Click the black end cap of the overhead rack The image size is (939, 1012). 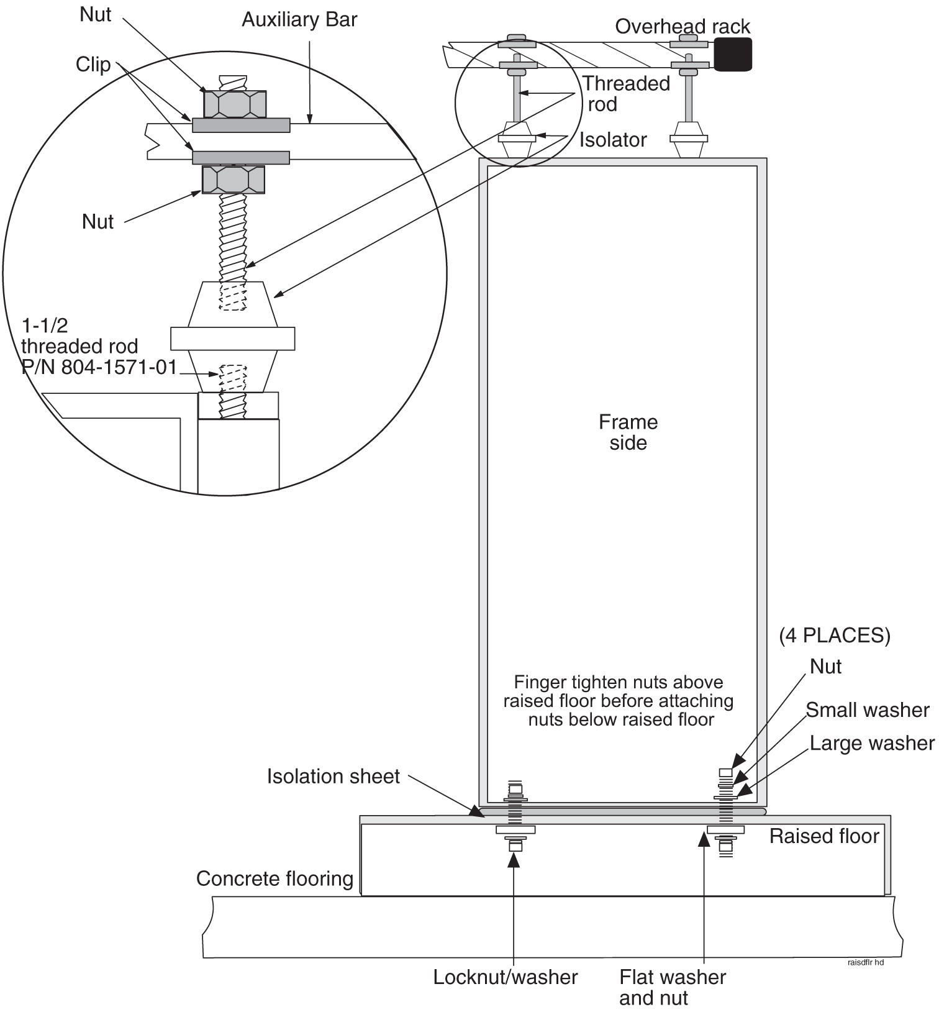coord(733,54)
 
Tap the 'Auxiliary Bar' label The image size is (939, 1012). coord(299,20)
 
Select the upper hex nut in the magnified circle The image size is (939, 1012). coord(235,104)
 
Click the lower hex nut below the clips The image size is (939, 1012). coord(234,180)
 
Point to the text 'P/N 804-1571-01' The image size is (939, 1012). coord(99,367)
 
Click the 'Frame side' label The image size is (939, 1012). coord(628,432)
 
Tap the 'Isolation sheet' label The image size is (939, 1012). coord(333,776)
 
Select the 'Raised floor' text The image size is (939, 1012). coord(824,836)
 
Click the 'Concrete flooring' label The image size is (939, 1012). coord(274,878)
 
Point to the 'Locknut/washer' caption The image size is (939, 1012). coord(506,977)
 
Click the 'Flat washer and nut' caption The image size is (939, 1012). coord(672,987)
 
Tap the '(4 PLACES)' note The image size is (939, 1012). coord(835,636)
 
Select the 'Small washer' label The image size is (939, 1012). coord(868,710)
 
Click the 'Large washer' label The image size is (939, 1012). coord(872,743)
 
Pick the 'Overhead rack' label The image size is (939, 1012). coord(683,27)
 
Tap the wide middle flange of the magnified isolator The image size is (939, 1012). coord(232,339)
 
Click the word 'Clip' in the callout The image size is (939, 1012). coord(93,65)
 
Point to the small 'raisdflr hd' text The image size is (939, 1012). coord(865,962)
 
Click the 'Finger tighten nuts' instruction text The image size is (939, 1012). coord(619,701)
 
